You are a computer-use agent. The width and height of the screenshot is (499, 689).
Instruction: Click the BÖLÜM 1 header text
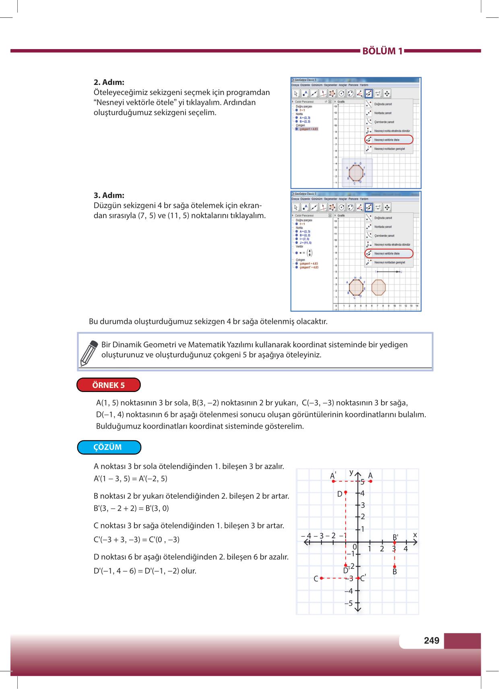tap(382, 52)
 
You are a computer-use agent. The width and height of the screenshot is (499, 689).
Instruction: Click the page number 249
tap(431, 640)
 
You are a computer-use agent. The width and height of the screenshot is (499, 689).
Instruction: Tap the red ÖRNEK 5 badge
tap(109, 385)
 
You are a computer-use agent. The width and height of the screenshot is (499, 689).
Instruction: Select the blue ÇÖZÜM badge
tap(109, 448)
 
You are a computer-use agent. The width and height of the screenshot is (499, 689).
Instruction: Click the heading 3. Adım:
tap(109, 195)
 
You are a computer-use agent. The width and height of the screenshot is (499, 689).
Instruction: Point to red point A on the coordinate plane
tap(371, 481)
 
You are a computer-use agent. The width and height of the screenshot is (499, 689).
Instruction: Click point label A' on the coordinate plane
tap(333, 475)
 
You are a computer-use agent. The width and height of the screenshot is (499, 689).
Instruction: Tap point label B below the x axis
tap(395, 571)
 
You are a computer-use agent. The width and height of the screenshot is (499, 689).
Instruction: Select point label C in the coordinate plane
tap(316, 579)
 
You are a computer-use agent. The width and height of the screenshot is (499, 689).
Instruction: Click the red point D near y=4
tap(346, 491)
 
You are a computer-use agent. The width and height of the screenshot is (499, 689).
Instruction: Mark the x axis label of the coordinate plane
tap(415, 535)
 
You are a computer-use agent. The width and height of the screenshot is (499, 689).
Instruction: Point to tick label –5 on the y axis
tap(348, 603)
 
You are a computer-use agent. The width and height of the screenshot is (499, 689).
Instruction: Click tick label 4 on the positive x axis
tap(406, 549)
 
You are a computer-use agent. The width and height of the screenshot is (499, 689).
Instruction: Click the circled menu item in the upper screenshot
tap(389, 140)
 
